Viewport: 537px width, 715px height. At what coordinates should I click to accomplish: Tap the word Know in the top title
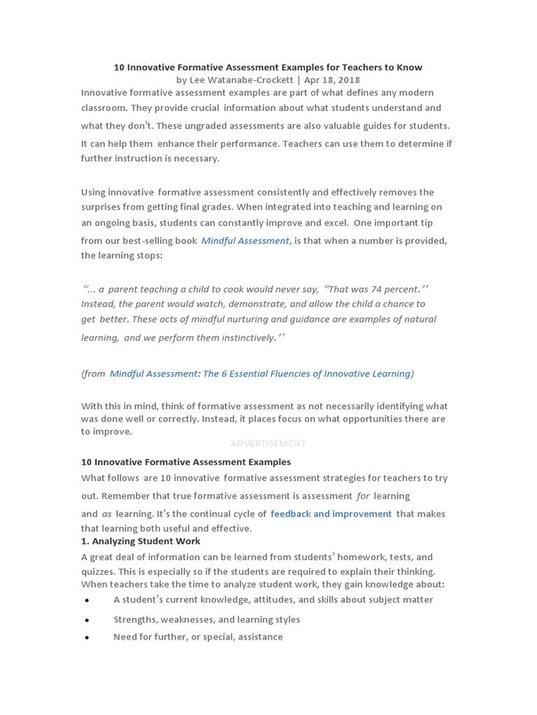[x=410, y=68]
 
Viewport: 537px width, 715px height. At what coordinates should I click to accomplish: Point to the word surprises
[x=103, y=207]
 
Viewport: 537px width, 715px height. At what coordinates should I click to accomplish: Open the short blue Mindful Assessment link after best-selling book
[x=245, y=241]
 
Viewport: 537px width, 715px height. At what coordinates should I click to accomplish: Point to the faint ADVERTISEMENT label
[x=268, y=443]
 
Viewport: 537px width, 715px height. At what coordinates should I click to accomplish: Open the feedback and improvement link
[x=331, y=514]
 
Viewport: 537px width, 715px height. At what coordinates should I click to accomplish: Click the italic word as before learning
[x=106, y=514]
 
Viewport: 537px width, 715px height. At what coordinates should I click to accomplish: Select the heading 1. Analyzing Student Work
[x=141, y=541]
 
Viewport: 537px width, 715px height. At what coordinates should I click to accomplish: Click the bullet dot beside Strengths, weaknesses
[x=87, y=620]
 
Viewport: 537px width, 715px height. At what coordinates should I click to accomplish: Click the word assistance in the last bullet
[x=260, y=637]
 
